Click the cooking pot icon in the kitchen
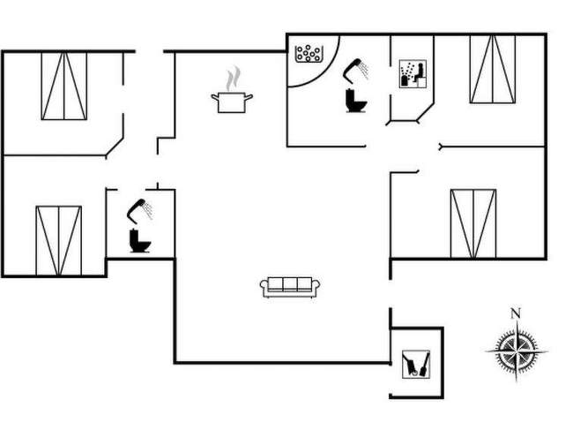(232, 102)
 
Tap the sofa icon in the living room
(290, 285)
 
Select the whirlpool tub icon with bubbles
(309, 53)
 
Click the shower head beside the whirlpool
(356, 67)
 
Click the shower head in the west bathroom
(139, 208)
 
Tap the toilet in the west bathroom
(139, 240)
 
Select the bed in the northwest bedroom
(64, 86)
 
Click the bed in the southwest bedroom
(58, 240)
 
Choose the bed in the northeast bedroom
(493, 69)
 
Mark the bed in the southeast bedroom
(473, 223)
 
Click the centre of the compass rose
(516, 351)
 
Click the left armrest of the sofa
(264, 285)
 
